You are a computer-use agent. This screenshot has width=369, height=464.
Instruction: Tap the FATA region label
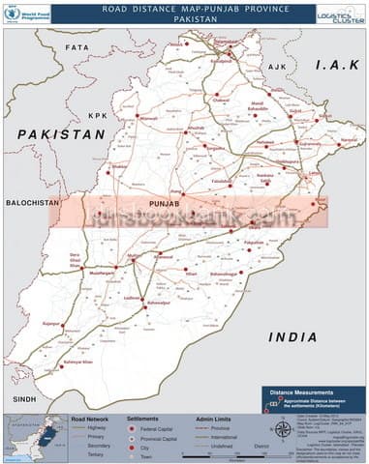pos(77,46)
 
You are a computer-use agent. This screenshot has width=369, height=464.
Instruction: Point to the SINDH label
pos(22,398)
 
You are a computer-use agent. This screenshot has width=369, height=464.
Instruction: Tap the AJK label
pos(279,66)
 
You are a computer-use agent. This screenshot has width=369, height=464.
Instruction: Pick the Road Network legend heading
pos(90,420)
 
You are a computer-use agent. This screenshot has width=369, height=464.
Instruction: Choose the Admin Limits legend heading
pos(215,420)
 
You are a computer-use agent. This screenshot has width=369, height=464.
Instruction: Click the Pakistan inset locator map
pos(33,437)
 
